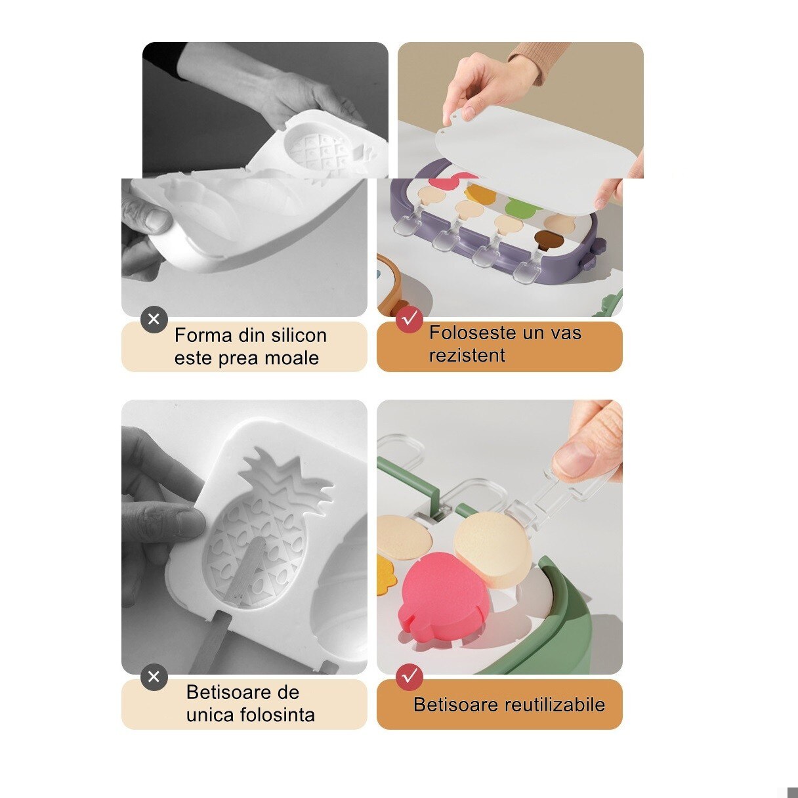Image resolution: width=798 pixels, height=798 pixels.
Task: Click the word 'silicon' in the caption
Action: pyautogui.click(x=296, y=335)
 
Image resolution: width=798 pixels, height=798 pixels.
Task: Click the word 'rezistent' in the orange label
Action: pyautogui.click(x=467, y=356)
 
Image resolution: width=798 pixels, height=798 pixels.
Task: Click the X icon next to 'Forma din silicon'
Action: pyautogui.click(x=154, y=320)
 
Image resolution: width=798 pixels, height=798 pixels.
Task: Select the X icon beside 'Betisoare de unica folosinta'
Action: pyautogui.click(x=154, y=677)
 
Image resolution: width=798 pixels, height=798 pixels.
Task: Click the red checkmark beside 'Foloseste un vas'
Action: pyautogui.click(x=409, y=320)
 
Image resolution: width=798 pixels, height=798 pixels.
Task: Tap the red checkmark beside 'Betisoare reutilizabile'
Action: pyautogui.click(x=409, y=677)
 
